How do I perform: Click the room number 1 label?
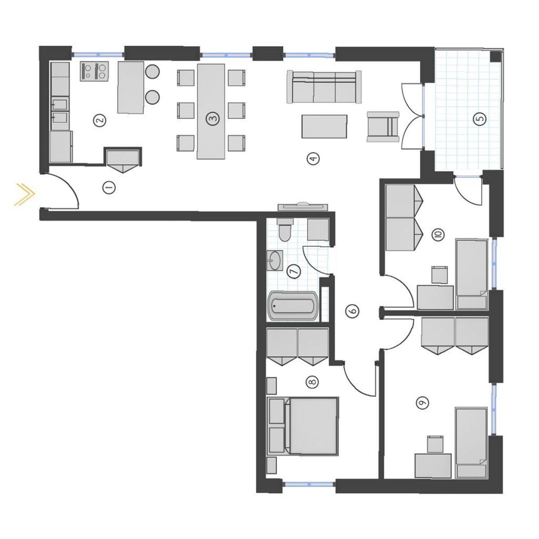pyautogui.click(x=109, y=188)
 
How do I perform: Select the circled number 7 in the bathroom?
pyautogui.click(x=294, y=271)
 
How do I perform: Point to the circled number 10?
pyautogui.click(x=438, y=234)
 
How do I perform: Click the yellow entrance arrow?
pyautogui.click(x=25, y=194)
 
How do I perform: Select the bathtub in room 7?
pyautogui.click(x=293, y=306)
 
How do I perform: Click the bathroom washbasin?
pyautogui.click(x=274, y=261)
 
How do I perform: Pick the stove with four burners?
pyautogui.click(x=94, y=71)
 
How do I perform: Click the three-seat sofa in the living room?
pyautogui.click(x=324, y=87)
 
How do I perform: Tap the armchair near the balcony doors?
pyautogui.click(x=383, y=126)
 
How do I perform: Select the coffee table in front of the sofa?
pyautogui.click(x=324, y=126)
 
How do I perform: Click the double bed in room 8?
pyautogui.click(x=303, y=426)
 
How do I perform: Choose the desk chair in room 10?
pyautogui.click(x=440, y=275)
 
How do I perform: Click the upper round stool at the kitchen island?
pyautogui.click(x=152, y=72)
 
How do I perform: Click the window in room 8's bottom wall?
pyautogui.click(x=308, y=484)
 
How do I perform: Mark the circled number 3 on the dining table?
pyautogui.click(x=212, y=119)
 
